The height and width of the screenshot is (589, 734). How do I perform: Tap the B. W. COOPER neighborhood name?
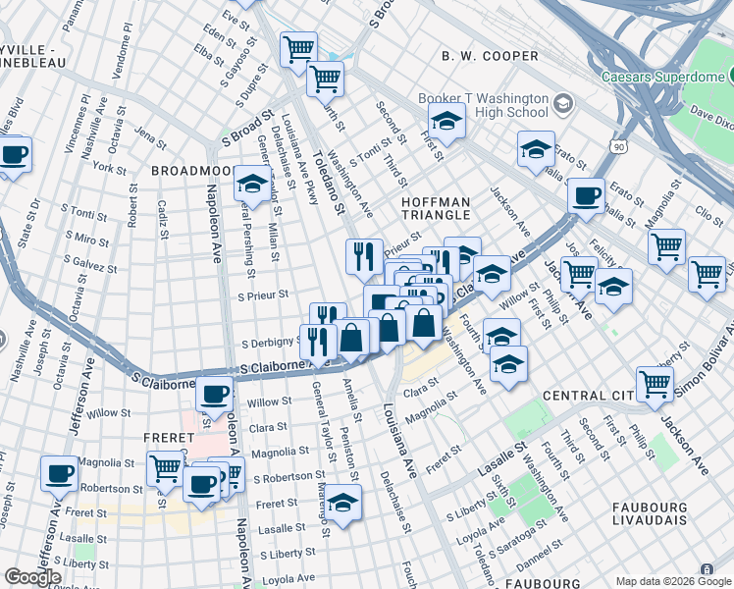(x=490, y=57)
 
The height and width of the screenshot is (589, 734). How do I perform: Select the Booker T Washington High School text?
(x=483, y=105)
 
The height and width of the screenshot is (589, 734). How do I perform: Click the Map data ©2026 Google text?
(x=672, y=581)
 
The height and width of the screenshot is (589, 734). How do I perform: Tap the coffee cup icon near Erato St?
(x=587, y=194)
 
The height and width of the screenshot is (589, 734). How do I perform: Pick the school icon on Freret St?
(x=343, y=502)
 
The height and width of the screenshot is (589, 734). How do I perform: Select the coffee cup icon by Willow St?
(x=214, y=395)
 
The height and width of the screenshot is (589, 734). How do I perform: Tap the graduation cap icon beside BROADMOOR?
(x=252, y=183)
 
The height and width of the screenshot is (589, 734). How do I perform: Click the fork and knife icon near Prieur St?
(x=364, y=255)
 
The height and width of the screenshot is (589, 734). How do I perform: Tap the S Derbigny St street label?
(x=272, y=344)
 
